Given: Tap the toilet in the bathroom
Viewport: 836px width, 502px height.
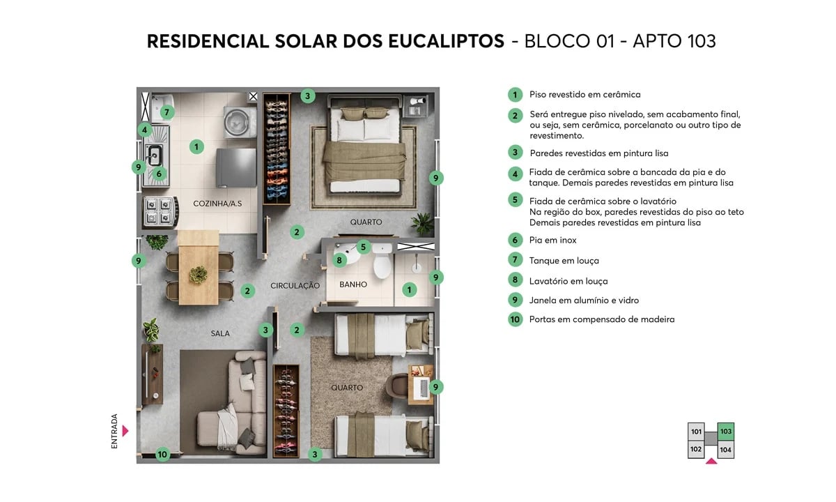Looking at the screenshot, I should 382,264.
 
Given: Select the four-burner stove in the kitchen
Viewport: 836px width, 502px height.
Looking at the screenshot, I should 157,211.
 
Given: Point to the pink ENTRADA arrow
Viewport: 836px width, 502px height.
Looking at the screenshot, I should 125,431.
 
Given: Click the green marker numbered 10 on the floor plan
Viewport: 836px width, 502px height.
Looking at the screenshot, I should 162,455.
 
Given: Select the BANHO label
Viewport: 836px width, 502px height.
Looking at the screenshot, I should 353,284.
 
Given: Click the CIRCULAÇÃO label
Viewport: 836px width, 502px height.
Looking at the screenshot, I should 295,286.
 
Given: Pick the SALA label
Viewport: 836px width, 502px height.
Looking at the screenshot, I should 220,333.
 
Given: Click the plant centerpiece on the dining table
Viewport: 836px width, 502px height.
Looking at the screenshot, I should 199,274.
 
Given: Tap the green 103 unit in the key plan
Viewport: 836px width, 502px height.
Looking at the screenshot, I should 726,432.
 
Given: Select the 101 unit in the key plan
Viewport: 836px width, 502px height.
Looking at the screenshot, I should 696,432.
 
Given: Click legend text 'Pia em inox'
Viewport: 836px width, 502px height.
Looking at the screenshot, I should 553,241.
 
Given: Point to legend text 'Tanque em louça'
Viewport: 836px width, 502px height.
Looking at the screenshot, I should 564,261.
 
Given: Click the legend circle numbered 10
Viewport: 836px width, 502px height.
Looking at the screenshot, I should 515,320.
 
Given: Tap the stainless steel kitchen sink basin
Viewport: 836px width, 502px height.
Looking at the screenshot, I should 154,155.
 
